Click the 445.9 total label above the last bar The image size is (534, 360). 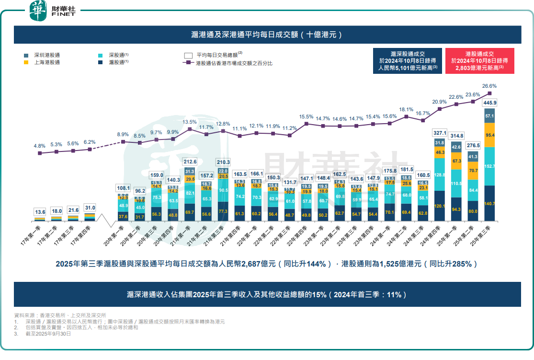[490, 103]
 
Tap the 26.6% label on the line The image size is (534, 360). [489, 86]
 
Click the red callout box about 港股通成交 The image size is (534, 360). [479, 61]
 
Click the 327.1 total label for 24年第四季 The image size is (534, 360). [440, 133]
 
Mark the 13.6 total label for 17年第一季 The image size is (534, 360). [40, 211]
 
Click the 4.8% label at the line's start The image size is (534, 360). [39, 146]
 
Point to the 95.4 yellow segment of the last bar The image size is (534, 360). [490, 136]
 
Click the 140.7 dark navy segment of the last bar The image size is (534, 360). [490, 203]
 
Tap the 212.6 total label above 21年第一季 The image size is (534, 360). [190, 162]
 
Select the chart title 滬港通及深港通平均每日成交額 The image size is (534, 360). [267, 35]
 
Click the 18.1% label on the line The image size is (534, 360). [406, 109]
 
